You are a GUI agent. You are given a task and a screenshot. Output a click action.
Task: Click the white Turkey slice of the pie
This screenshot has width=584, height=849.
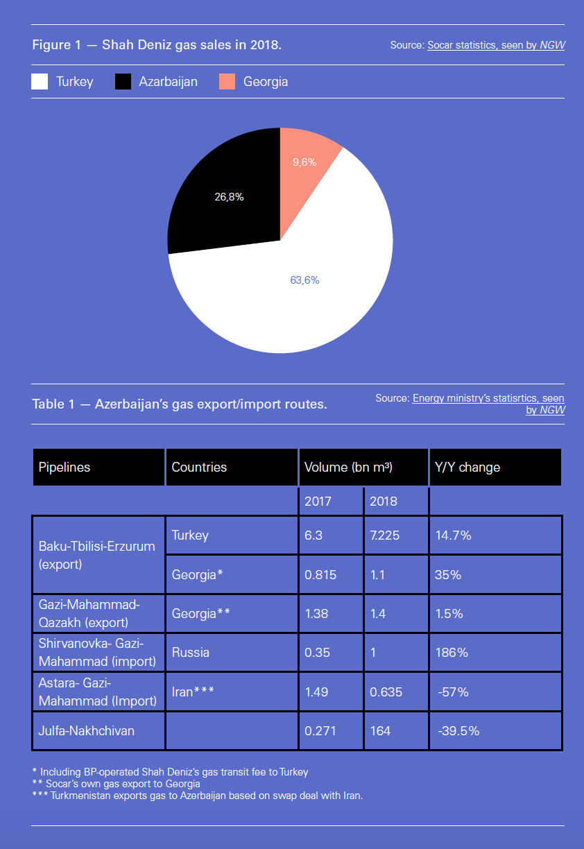coord(305,305)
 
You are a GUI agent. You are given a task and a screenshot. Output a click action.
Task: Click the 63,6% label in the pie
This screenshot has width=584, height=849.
coord(304,280)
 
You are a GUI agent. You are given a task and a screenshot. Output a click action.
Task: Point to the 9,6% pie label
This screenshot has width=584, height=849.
coord(304,162)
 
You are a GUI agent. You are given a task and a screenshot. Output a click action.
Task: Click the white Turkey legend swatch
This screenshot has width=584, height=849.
coord(40,82)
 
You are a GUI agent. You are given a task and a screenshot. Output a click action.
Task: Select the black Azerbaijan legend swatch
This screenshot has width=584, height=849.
coord(123,82)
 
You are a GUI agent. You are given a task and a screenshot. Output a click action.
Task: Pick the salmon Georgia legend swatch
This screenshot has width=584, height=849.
coord(227,82)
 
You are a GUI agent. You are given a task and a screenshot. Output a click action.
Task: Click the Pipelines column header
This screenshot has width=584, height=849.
coord(65,467)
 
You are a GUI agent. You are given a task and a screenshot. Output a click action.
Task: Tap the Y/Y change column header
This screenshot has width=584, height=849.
coord(467,467)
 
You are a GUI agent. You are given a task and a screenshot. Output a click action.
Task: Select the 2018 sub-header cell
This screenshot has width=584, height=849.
coord(384,501)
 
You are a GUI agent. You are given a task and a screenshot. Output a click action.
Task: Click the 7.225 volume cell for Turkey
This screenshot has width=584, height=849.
coord(385,535)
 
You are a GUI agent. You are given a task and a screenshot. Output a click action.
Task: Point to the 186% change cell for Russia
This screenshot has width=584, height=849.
coord(452,653)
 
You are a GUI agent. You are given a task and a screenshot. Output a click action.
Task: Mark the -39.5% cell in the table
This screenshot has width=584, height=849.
coord(458,730)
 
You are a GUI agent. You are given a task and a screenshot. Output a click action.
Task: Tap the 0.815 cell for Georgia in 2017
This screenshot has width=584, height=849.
coord(321,574)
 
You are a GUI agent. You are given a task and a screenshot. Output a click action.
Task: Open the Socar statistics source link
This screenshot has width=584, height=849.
coord(495,45)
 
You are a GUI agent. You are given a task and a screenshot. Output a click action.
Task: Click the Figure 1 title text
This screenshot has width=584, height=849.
coord(157,45)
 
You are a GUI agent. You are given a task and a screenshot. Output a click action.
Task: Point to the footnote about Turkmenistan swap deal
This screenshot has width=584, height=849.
coord(198,796)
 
